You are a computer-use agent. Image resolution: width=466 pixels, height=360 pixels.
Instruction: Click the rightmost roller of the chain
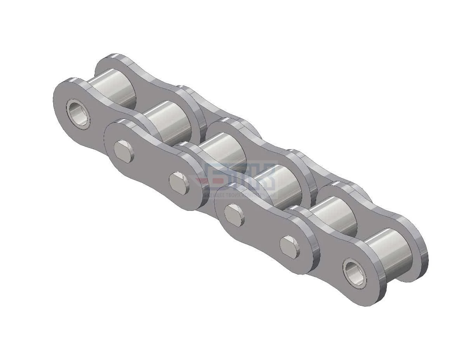[x=390, y=249]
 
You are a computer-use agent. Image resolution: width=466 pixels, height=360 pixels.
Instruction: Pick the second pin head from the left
[x=180, y=183]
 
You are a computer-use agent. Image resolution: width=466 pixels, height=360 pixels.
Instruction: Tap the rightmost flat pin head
[x=290, y=246]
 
